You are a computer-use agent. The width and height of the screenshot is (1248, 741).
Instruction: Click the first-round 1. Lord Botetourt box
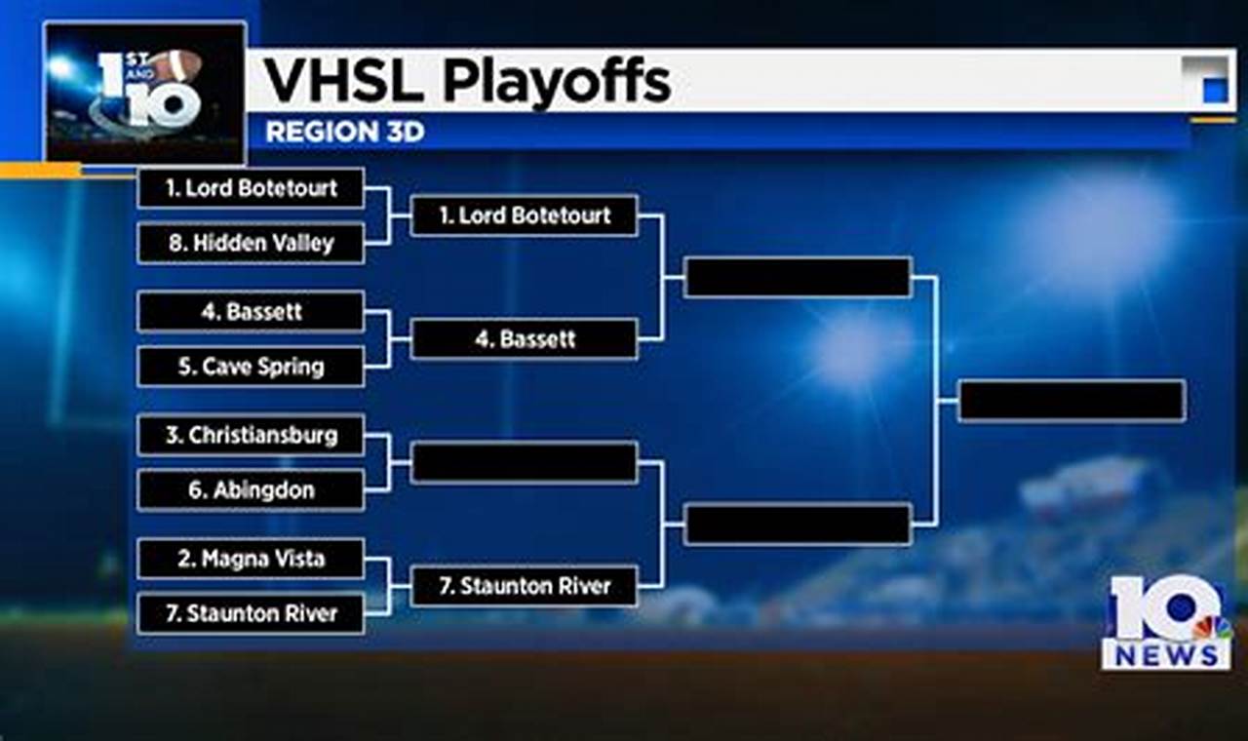point(251,188)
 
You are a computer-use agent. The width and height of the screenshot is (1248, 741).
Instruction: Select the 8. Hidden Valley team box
point(251,243)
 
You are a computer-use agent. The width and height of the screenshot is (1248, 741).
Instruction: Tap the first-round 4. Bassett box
point(251,311)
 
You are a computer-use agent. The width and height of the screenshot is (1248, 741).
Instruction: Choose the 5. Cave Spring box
point(251,367)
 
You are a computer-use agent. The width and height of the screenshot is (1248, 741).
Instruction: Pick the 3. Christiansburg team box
point(251,435)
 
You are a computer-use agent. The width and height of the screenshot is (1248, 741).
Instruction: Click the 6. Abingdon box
point(251,490)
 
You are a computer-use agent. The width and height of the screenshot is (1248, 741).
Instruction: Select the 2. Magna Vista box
point(251,559)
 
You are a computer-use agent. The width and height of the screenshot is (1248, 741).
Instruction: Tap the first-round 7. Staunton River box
point(251,613)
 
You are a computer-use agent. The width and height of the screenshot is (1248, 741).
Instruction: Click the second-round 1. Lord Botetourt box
point(525,215)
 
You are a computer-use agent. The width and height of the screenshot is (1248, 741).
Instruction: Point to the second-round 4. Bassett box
point(525,338)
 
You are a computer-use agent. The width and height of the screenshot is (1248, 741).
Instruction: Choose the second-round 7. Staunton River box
point(525,586)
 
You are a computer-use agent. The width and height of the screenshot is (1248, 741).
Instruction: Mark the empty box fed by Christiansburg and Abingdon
point(525,462)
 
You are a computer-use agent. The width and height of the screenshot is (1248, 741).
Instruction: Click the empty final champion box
point(1072,401)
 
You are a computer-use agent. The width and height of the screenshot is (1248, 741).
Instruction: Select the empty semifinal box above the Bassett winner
point(798,277)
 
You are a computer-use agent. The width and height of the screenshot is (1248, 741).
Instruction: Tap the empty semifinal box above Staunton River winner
point(798,525)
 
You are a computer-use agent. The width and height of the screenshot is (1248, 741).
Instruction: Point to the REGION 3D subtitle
point(345,132)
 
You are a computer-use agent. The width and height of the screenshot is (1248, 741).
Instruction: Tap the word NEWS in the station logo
point(1166,655)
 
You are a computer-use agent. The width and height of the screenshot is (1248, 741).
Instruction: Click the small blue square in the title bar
point(1215,91)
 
